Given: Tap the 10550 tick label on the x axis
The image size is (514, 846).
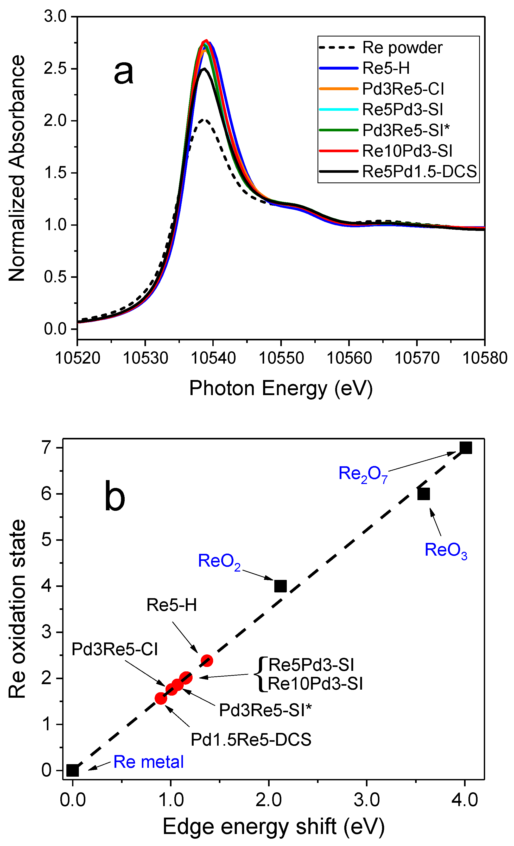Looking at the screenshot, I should click(281, 358).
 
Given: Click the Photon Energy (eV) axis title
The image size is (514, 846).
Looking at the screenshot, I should click(281, 388).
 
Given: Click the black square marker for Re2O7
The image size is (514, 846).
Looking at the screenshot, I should click(466, 448).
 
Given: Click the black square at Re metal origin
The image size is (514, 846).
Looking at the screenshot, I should click(72, 770).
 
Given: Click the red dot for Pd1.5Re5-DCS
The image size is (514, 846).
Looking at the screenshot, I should click(161, 698).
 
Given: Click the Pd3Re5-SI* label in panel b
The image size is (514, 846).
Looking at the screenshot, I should click(265, 710).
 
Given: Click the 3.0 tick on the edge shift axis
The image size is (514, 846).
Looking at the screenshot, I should click(366, 800).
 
